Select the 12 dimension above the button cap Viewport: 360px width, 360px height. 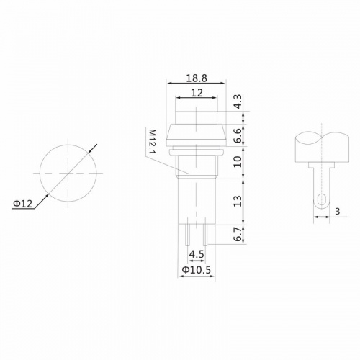click(196, 93)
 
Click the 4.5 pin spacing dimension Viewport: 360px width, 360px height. click(196, 254)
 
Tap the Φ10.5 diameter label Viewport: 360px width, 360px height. click(195, 271)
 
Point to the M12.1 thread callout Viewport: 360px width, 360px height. click(152, 145)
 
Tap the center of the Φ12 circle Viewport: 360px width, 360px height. click(67, 173)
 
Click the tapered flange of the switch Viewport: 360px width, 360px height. click(196, 134)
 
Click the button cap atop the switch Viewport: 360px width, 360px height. click(196, 117)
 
